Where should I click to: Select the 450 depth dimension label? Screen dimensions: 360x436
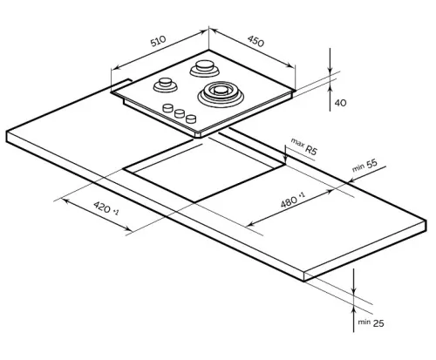(256, 40)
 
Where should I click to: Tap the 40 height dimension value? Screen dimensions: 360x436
(340, 103)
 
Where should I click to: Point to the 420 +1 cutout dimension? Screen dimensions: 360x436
(106, 212)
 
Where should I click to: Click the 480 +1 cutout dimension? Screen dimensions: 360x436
(291, 202)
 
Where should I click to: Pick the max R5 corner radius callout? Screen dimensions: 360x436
(304, 147)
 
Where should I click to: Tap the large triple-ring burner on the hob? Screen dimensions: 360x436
(221, 92)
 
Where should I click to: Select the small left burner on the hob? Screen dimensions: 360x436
(165, 85)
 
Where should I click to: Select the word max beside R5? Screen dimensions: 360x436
(296, 142)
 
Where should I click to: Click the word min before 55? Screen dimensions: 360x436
(358, 167)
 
